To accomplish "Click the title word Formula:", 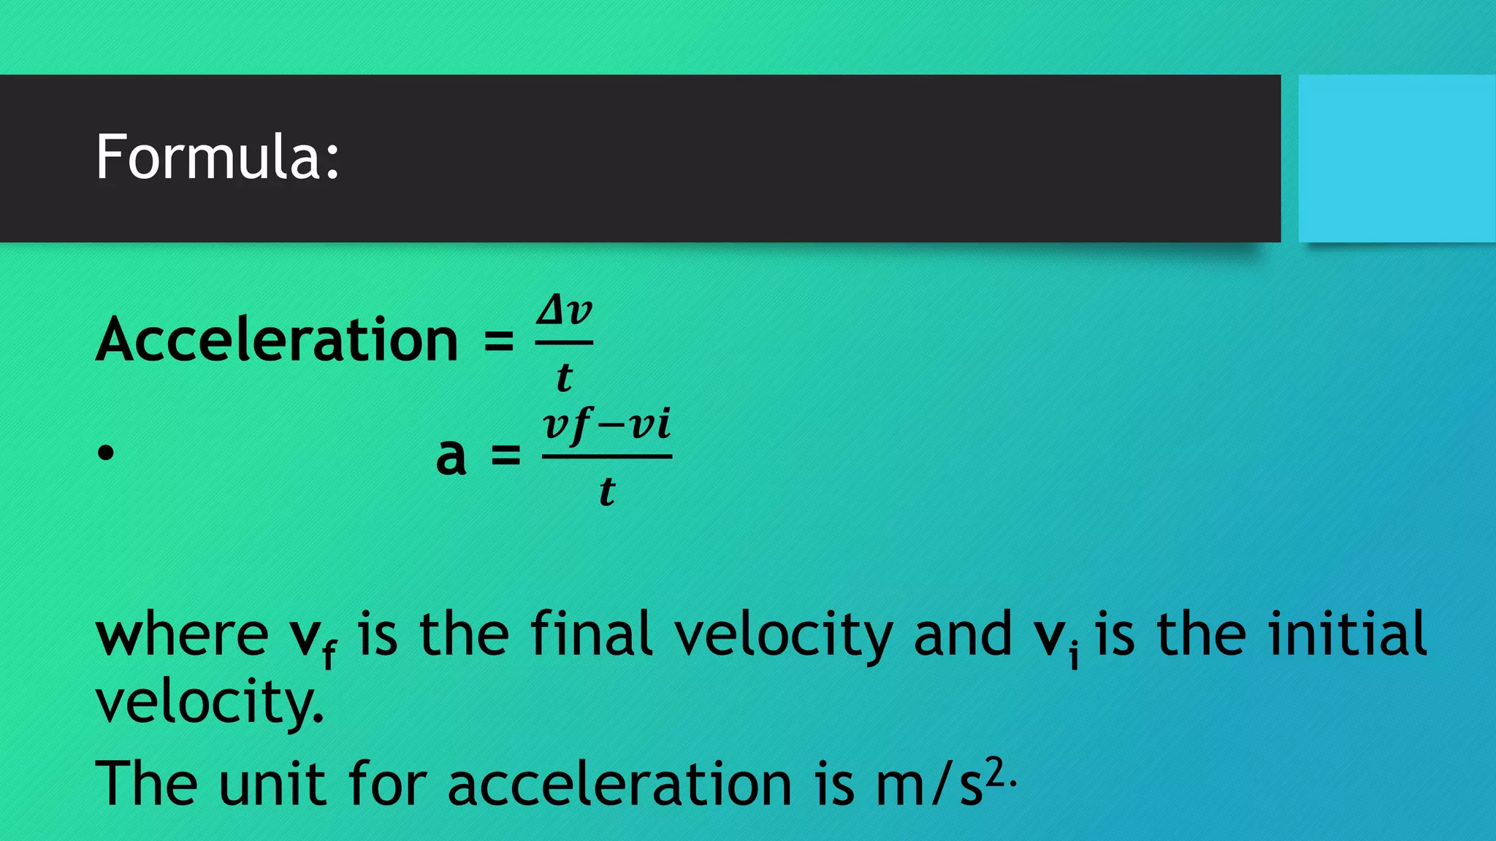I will click(217, 157).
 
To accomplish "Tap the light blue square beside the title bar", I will click(1397, 158).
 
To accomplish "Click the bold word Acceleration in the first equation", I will click(277, 339).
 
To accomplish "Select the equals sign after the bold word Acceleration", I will click(499, 341).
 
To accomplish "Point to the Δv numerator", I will click(564, 312).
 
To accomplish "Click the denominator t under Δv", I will click(564, 377).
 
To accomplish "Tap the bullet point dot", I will click(106, 453).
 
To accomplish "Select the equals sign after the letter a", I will click(505, 456).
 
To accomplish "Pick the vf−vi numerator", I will click(606, 425).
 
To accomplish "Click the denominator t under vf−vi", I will click(607, 491).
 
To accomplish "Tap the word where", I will click(182, 634).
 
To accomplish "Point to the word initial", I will click(1347, 633).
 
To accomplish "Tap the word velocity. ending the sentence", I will click(210, 702).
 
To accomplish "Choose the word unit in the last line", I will click(272, 783).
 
